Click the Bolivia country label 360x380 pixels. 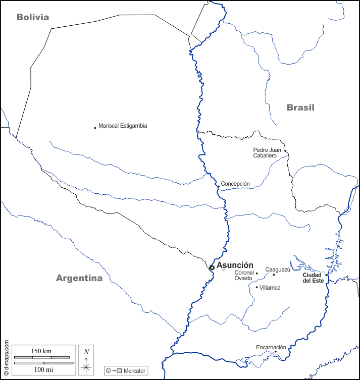point(33,17)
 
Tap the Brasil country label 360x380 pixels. point(300,107)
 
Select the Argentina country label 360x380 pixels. point(79,278)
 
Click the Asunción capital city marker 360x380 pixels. point(212,267)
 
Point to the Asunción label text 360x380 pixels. point(235,265)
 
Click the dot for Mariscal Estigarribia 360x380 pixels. point(95,128)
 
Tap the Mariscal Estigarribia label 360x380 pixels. point(123,126)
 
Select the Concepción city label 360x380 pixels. point(235,184)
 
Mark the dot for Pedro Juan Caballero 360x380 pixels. point(285,150)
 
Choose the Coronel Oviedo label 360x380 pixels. point(244,276)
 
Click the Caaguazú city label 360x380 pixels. point(278,269)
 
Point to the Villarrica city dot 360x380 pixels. point(256,287)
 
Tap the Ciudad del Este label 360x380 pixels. point(313,278)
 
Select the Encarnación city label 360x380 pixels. point(271,347)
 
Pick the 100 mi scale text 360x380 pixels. point(41,370)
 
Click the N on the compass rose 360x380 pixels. point(86,352)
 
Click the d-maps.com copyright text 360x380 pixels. point(6,358)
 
